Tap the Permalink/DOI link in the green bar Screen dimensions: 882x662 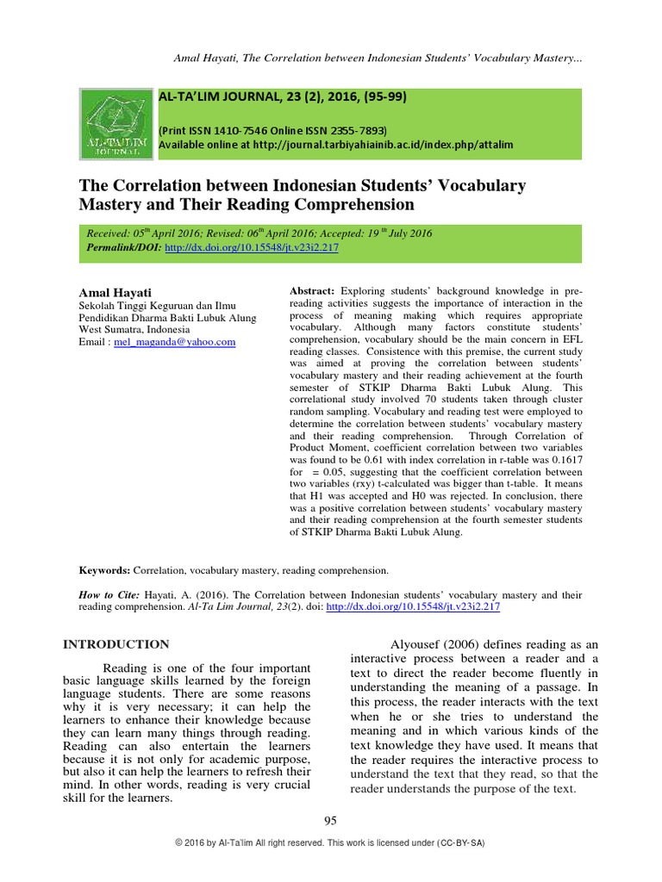[251, 247]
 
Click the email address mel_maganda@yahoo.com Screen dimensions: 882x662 [175, 342]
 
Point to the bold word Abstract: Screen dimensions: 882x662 [314, 291]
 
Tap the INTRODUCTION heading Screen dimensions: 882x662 [118, 644]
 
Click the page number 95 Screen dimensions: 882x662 [330, 821]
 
